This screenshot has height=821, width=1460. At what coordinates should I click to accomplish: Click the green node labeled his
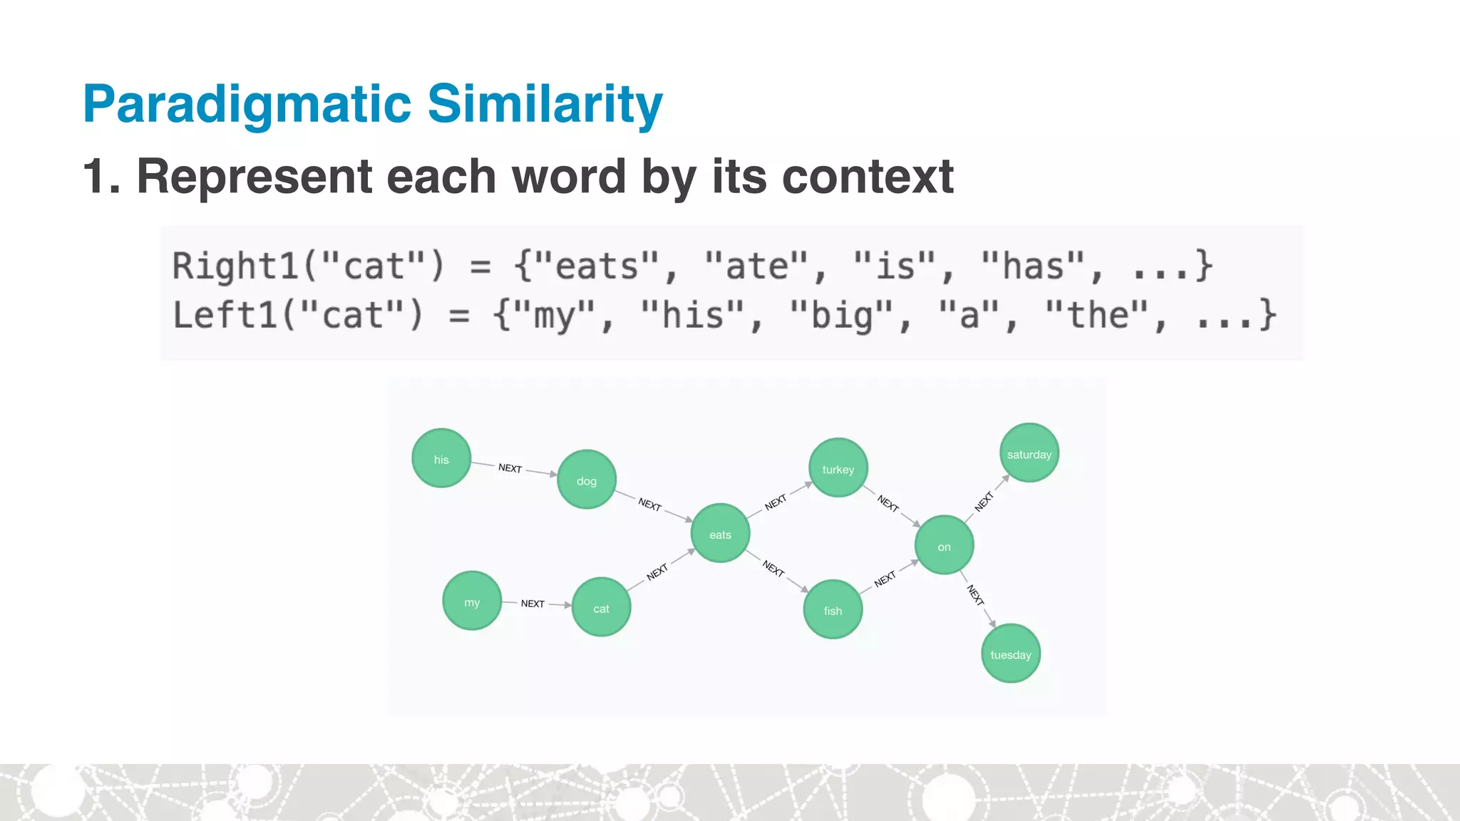click(441, 458)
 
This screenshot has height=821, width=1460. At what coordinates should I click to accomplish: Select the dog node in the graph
click(587, 480)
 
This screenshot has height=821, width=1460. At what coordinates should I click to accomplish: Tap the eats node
click(720, 534)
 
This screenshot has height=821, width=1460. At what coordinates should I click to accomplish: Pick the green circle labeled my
click(472, 601)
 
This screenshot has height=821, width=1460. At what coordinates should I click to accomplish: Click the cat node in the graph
click(601, 607)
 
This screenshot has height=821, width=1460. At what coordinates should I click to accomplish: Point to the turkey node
click(838, 468)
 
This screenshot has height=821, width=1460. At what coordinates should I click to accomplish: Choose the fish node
click(833, 609)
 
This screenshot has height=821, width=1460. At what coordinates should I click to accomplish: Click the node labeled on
click(944, 545)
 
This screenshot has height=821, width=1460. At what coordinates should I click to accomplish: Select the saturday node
click(1029, 453)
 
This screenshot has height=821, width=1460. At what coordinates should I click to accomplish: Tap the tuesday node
click(1010, 654)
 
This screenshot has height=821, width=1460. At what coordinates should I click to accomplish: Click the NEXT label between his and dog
click(510, 468)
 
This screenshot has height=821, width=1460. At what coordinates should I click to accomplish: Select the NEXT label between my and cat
click(533, 604)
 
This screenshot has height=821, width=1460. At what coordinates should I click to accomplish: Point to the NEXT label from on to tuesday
click(975, 595)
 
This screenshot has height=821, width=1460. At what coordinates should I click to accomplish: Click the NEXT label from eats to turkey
click(775, 502)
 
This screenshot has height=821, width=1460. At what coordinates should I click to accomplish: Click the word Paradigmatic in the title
click(247, 105)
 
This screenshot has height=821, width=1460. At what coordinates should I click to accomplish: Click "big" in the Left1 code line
click(842, 316)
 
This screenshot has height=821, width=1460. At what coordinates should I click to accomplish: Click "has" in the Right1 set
click(1033, 266)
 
